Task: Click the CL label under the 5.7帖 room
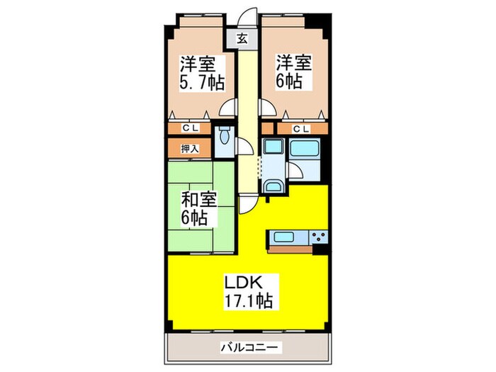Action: coord(189,128)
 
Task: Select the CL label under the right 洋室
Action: coord(301,128)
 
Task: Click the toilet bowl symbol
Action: coord(225,136)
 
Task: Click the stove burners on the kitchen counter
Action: coord(317,238)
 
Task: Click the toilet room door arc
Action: coord(243,147)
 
